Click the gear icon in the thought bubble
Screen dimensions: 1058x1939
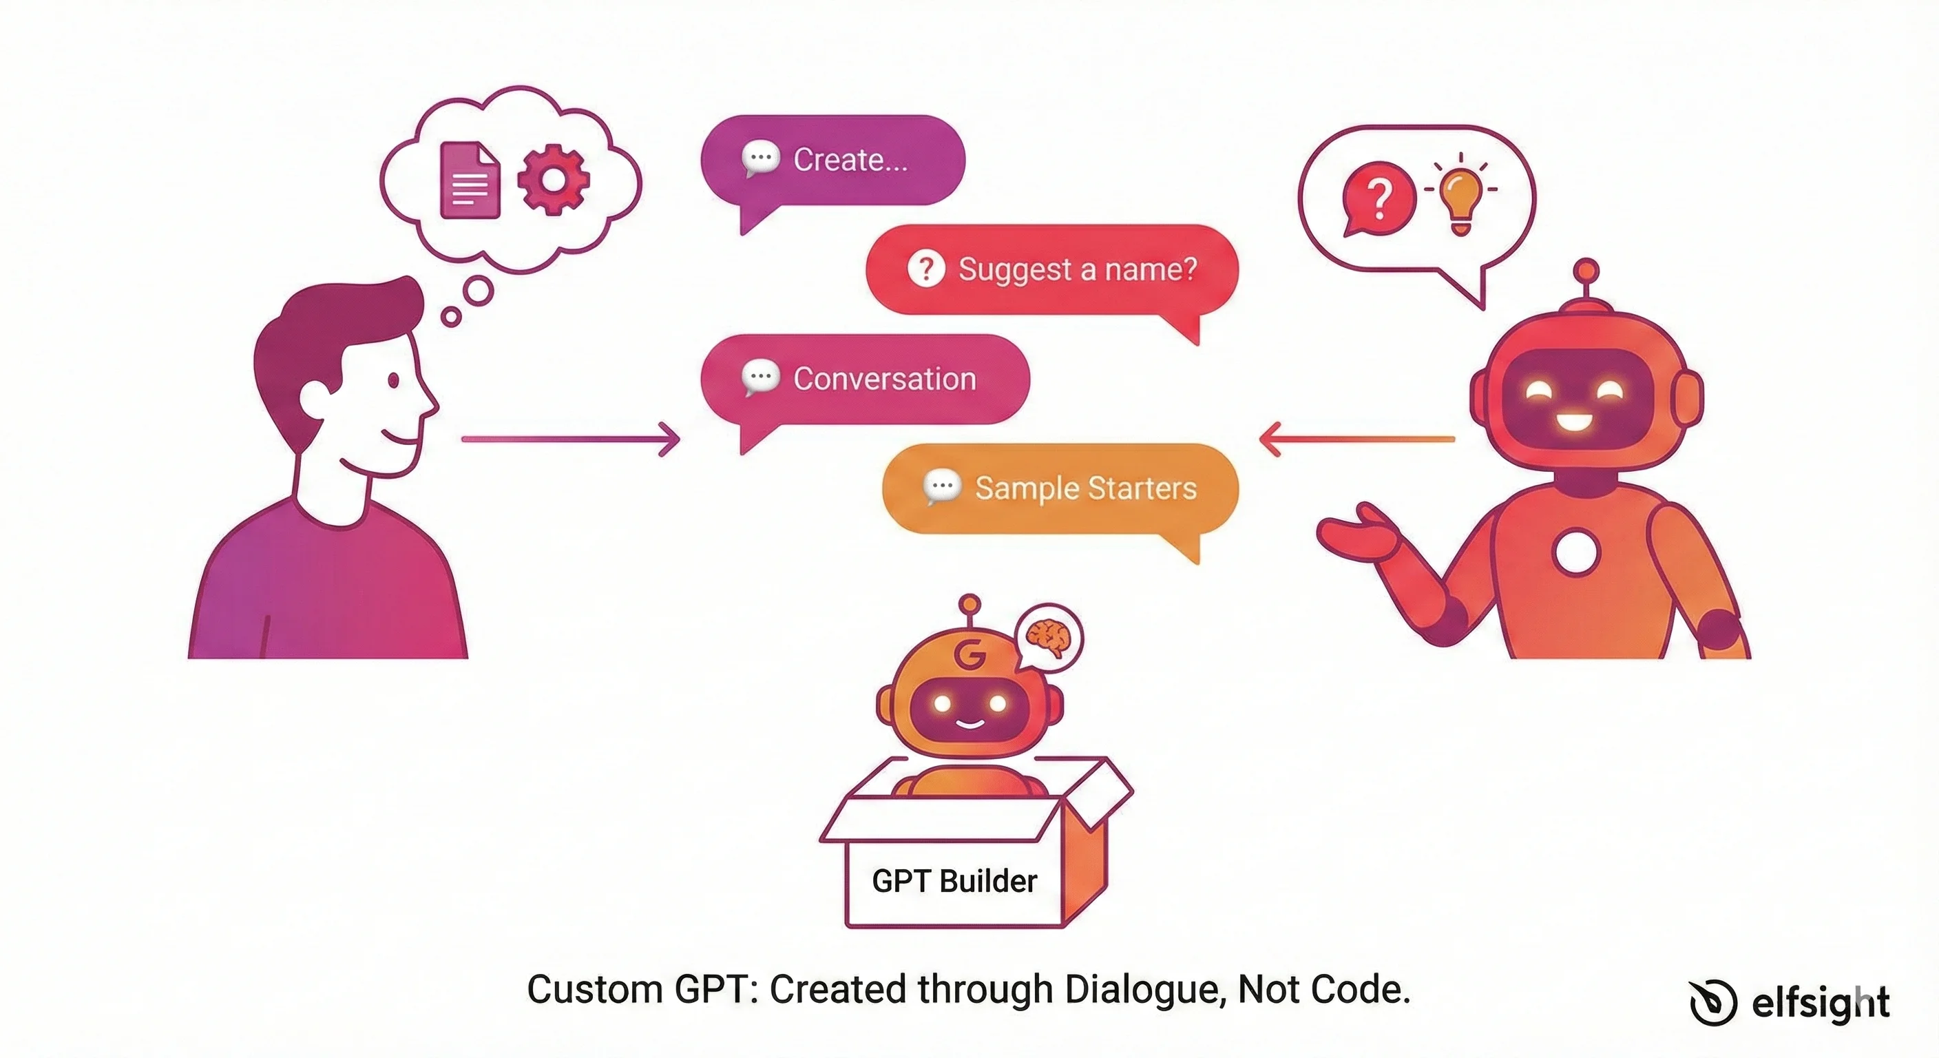coord(553,179)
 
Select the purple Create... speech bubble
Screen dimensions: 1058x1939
coord(832,160)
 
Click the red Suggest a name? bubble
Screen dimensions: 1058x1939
coord(1051,269)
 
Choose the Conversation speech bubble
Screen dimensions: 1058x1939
coord(864,379)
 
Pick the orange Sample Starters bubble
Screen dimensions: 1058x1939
coord(1060,488)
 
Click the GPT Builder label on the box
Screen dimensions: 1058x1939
coord(954,881)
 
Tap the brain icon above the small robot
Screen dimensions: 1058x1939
coord(1049,639)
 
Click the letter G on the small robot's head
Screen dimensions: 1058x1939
coord(969,654)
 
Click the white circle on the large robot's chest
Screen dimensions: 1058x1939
coord(1575,552)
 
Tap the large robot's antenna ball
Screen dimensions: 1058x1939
coord(1586,269)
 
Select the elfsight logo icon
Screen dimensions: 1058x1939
coord(1712,1002)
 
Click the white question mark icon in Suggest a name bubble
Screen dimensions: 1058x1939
coord(926,269)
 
